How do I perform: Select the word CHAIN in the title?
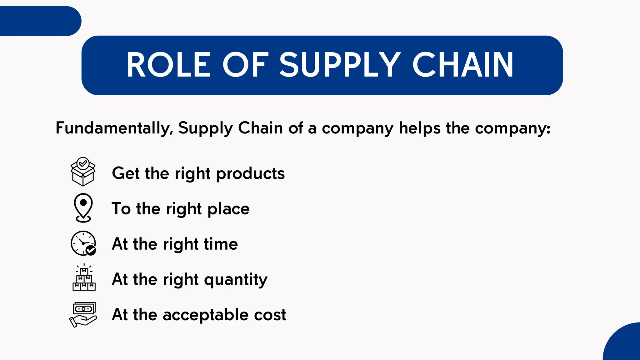[x=462, y=65]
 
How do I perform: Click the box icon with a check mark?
[x=83, y=172]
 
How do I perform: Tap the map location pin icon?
[x=83, y=207]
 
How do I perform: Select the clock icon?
[x=83, y=243]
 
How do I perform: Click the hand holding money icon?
[x=83, y=314]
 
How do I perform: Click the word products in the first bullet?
[x=250, y=173]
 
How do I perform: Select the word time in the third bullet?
[x=221, y=244]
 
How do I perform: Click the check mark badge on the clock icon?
[x=91, y=250]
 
